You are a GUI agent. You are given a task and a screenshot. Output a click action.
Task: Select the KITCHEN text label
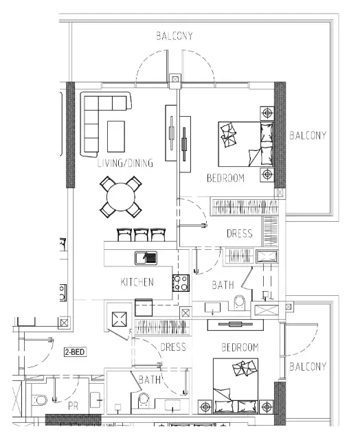tap(137, 282)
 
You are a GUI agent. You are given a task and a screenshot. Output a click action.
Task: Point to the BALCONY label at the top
tap(174, 36)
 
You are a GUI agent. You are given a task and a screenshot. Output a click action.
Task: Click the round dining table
tap(121, 196)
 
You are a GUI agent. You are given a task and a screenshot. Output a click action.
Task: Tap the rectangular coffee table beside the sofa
tap(116, 136)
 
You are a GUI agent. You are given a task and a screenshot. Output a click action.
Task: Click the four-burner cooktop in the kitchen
tap(181, 283)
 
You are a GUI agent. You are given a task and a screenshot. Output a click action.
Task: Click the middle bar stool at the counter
tap(142, 235)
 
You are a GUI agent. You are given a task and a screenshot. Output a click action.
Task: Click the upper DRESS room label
tap(239, 233)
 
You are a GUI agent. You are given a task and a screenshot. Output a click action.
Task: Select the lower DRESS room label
tap(172, 347)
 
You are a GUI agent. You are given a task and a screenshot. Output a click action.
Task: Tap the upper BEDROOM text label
tap(225, 178)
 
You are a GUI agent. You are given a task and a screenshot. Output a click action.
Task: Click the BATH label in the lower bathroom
tap(150, 379)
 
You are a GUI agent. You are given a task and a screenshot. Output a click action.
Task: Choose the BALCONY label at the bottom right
tap(307, 367)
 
